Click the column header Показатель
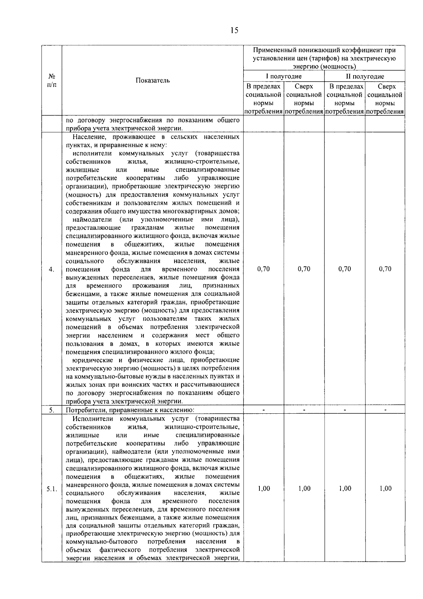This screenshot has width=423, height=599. [153, 80]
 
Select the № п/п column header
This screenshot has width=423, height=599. [51, 80]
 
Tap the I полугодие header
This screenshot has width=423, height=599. [284, 76]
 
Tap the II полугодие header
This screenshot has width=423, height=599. [365, 76]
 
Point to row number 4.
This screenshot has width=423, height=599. [51, 269]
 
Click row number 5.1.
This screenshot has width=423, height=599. [51, 489]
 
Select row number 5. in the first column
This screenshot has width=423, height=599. [51, 410]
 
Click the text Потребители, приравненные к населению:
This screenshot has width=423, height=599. [130, 410]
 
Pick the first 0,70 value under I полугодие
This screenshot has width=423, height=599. [264, 269]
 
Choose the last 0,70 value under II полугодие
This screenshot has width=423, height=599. [385, 269]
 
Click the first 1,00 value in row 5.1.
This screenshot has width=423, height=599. [264, 489]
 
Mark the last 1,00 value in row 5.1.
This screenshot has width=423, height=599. [385, 489]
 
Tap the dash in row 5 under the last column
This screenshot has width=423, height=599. [385, 410]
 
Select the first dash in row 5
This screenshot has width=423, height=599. [264, 410]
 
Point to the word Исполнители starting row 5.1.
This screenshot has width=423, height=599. [93, 419]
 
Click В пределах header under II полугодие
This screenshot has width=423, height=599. [345, 99]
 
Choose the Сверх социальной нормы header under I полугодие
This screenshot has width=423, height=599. [304, 99]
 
